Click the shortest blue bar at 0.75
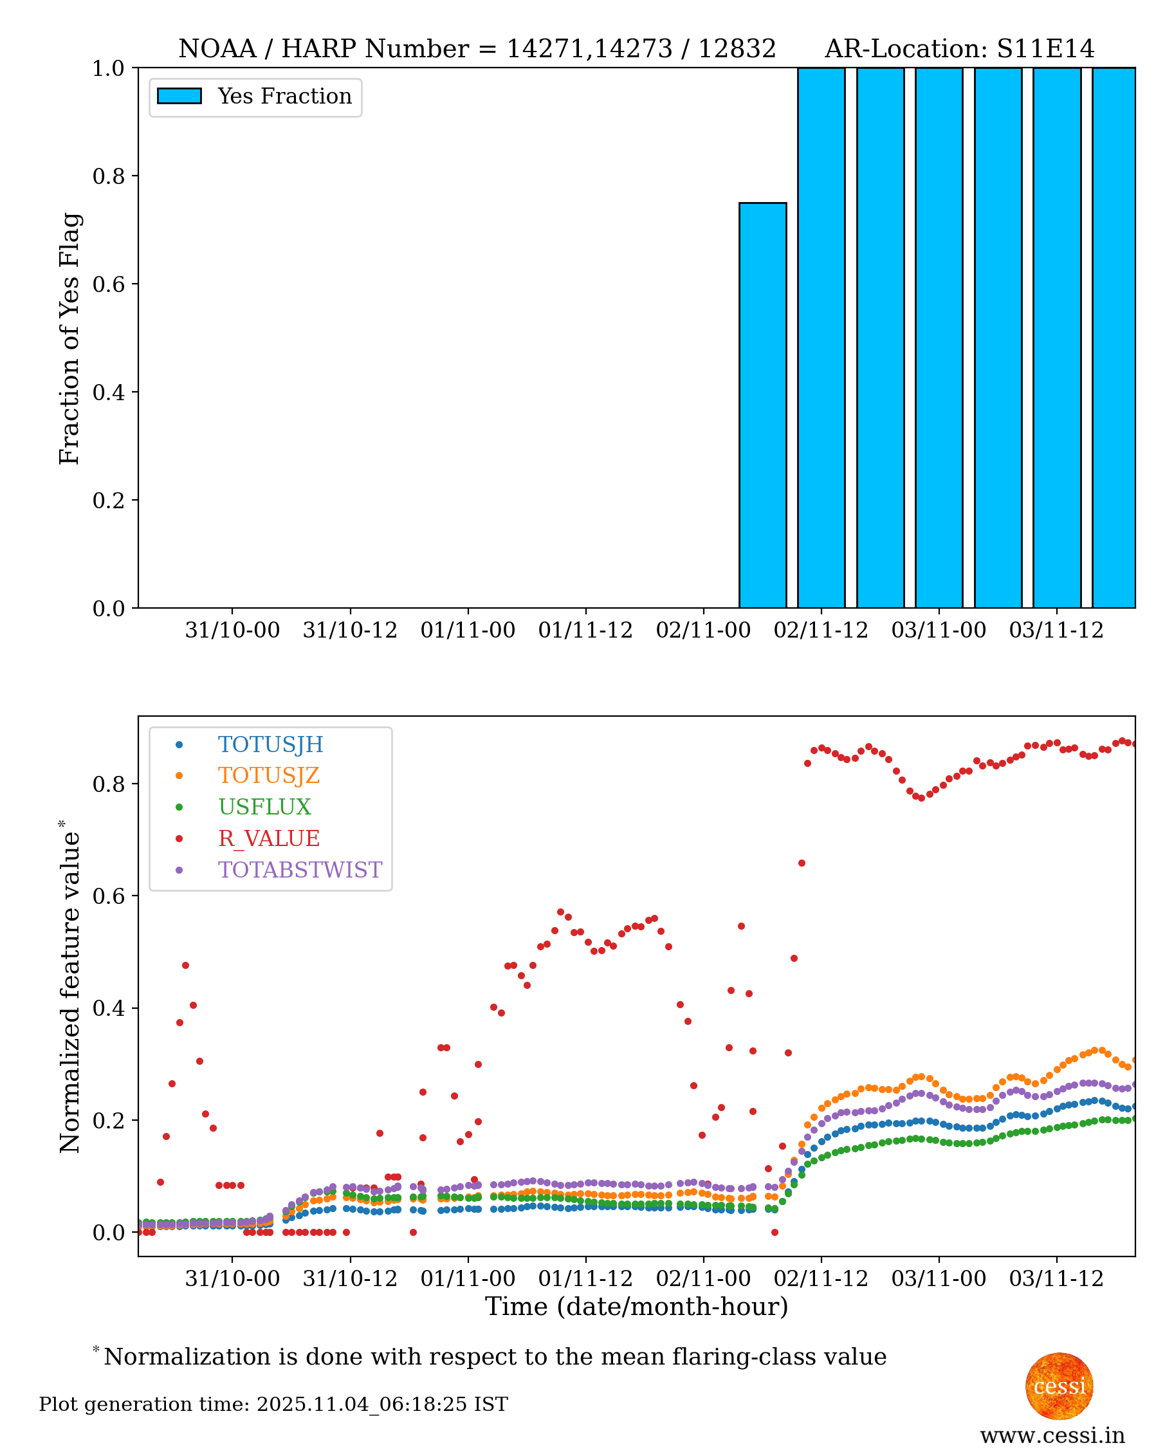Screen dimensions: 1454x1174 pyautogui.click(x=762, y=405)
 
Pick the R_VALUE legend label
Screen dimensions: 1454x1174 pyautogui.click(x=268, y=838)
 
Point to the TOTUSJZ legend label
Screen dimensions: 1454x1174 pyautogui.click(x=268, y=776)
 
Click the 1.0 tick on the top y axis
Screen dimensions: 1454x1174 pyautogui.click(x=108, y=68)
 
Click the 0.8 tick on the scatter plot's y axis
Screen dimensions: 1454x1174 pyautogui.click(x=108, y=784)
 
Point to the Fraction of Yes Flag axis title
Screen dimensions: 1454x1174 pyautogui.click(x=69, y=338)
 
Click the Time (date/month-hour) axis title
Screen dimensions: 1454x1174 pyautogui.click(x=636, y=1307)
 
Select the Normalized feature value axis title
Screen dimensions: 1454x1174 pyautogui.click(x=69, y=988)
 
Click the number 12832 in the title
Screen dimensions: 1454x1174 pyautogui.click(x=737, y=49)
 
